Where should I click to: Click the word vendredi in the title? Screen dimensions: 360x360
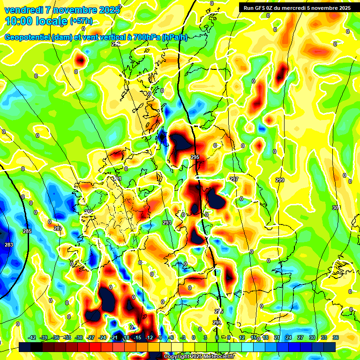24,9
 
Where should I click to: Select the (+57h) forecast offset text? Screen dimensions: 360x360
81,21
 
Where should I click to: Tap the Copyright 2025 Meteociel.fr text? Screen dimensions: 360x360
199,356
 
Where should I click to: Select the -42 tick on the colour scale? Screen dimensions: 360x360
32,337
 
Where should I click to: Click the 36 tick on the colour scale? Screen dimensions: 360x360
335,337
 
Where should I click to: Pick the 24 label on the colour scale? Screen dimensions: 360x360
289,337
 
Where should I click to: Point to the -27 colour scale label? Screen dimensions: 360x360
90,337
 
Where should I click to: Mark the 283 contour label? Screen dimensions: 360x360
9,245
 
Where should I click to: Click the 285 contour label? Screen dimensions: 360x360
27,231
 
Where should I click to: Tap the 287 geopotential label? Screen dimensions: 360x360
58,228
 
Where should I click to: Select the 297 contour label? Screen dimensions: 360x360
234,179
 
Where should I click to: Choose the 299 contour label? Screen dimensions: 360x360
280,180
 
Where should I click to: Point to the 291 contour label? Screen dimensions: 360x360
117,179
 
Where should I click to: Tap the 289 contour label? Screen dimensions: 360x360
88,212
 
